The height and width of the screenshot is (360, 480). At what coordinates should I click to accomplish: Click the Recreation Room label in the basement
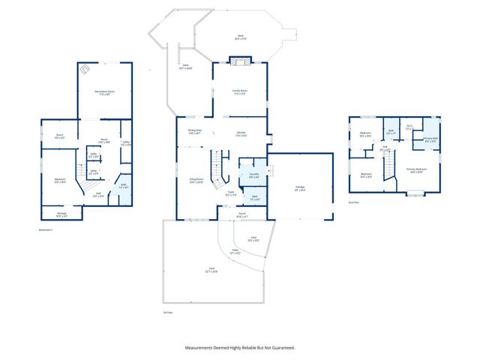coord(103,92)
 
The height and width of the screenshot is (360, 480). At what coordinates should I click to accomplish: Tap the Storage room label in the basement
coord(61,215)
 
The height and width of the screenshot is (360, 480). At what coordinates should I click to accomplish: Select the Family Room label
coord(240,91)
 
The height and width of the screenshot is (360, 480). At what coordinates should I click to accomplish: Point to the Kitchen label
coord(241,133)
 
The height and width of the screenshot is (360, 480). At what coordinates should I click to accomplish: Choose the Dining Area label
coord(194,131)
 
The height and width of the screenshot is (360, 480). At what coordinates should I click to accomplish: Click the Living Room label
coord(196,181)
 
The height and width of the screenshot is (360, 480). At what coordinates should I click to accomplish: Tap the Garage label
coord(299,188)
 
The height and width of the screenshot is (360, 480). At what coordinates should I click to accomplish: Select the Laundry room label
coord(253,175)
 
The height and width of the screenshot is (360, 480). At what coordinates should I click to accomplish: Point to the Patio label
coord(235,252)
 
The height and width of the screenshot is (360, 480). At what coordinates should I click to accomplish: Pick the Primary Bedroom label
coord(416,170)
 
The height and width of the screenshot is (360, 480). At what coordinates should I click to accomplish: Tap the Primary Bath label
coord(430,139)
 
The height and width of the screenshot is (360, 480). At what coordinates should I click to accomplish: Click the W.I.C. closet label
coord(409,127)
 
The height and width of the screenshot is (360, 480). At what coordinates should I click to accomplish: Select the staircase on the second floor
coord(388,170)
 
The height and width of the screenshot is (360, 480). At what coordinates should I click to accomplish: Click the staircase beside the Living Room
coord(217,171)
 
